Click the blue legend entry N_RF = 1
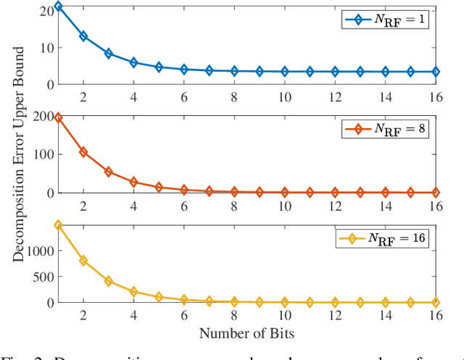pyautogui.click(x=384, y=20)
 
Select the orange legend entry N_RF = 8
pyautogui.click(x=384, y=129)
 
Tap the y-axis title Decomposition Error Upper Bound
pyautogui.click(x=20, y=154)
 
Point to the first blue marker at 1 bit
pyautogui.click(x=59, y=6)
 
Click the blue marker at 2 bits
pyautogui.click(x=83, y=35)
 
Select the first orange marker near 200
pyautogui.click(x=59, y=117)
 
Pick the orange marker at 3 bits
pyautogui.click(x=109, y=172)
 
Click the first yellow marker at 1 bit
pyautogui.click(x=59, y=225)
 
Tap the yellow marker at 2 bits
pyautogui.click(x=83, y=260)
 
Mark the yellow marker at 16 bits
pyautogui.click(x=435, y=302)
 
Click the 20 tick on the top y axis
pyautogui.click(x=45, y=10)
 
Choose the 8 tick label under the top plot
pyautogui.click(x=234, y=96)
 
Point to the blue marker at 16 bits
pyautogui.click(x=435, y=72)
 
